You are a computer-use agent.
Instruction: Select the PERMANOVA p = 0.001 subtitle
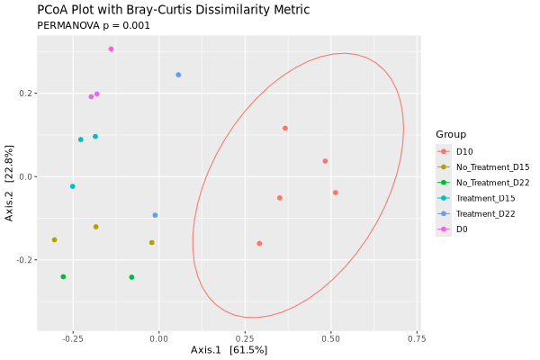[x=94, y=25]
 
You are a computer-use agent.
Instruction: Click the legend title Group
[x=451, y=134]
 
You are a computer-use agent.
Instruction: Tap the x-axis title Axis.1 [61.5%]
[x=229, y=350]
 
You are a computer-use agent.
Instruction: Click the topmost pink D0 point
[x=111, y=49]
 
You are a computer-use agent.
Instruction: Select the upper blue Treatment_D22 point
[x=178, y=75]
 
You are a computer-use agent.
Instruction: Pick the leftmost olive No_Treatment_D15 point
[x=54, y=239]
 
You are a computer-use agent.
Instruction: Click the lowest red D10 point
[x=259, y=243]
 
